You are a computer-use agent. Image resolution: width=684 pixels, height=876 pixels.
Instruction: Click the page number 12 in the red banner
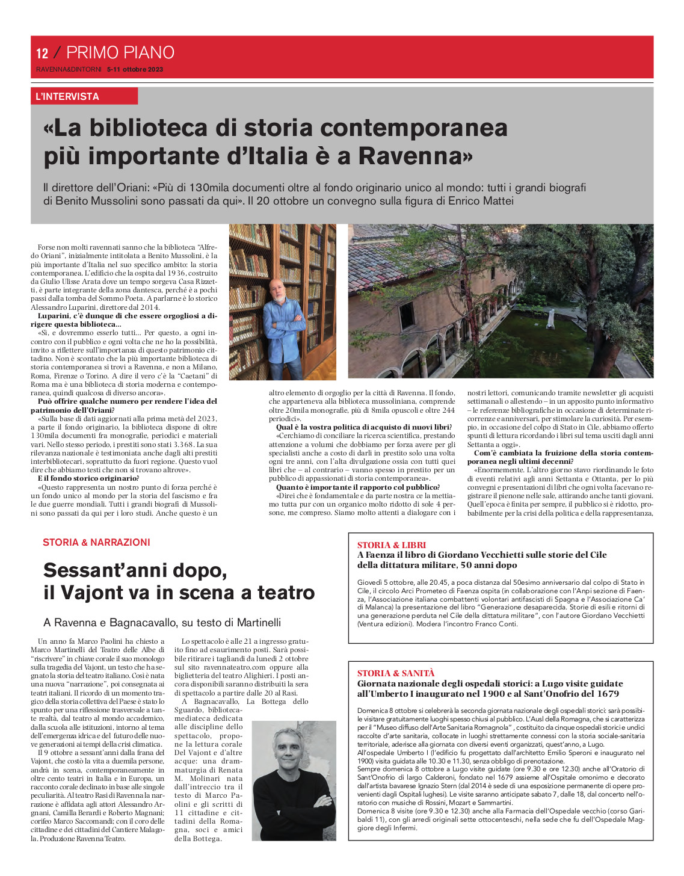pos(42,54)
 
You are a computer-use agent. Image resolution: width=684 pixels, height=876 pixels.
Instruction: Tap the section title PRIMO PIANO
pos(120,52)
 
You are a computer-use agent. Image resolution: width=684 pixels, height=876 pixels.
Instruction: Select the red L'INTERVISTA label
pos(67,96)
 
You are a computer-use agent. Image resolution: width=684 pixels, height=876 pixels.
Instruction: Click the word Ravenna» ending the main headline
pos(416,156)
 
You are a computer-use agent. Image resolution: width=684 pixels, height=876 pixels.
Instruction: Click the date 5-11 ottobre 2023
pos(135,69)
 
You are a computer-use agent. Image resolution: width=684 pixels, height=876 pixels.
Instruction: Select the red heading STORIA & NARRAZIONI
pos(96,542)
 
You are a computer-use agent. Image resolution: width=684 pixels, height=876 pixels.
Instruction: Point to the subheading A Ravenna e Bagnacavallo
pos(162,622)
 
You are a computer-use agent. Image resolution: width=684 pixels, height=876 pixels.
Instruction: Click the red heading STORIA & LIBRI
pos(392,545)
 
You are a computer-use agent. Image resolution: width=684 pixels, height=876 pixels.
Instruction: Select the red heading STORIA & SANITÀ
pos(396,673)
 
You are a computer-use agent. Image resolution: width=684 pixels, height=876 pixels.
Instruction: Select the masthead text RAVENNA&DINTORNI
pos(69,69)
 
